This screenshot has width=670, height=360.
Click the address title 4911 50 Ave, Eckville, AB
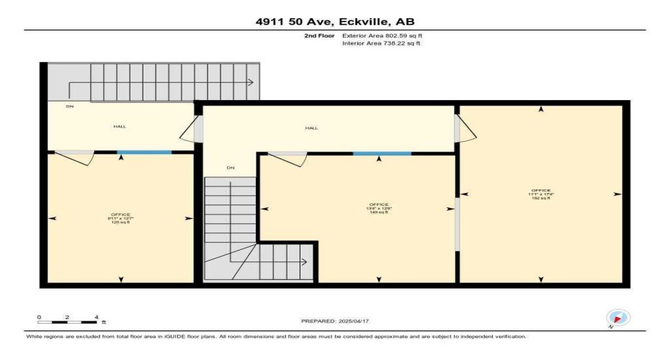tap(335, 22)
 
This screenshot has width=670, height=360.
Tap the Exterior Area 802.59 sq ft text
tap(381, 35)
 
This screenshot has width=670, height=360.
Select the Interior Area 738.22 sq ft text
tap(380, 43)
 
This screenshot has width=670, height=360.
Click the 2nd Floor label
tap(320, 35)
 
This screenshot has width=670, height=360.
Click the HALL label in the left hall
tap(120, 127)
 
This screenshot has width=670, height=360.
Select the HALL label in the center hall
tap(311, 127)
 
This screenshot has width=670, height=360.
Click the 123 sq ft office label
tap(120, 219)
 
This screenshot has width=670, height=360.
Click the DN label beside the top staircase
tap(70, 107)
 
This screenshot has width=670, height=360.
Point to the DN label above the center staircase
tap(231, 168)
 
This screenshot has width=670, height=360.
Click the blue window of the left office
tap(144, 152)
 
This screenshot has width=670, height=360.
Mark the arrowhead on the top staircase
tap(251, 83)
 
